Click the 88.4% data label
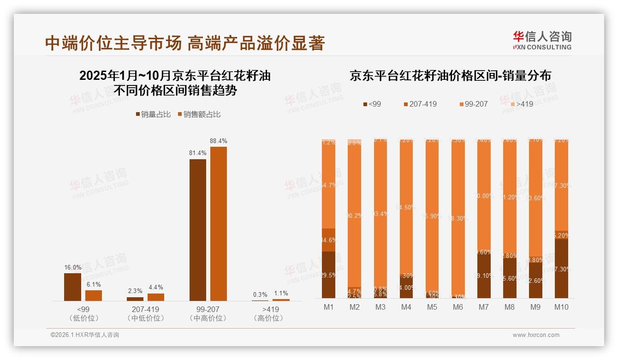pos(218,141)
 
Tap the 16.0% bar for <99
pos(72,287)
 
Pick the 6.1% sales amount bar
pos(94,295)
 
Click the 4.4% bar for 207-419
pos(156,297)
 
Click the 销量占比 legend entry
pos(153,114)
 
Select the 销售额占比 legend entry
pos(199,114)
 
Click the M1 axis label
pos(328,307)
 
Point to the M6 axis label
pos(458,307)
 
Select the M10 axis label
pos(561,307)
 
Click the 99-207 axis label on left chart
pos(208,309)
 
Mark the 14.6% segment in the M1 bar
pos(328,240)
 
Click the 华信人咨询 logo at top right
pos(542,41)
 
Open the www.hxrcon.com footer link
pos(536,335)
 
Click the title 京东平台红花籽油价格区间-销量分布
pos(450,76)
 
